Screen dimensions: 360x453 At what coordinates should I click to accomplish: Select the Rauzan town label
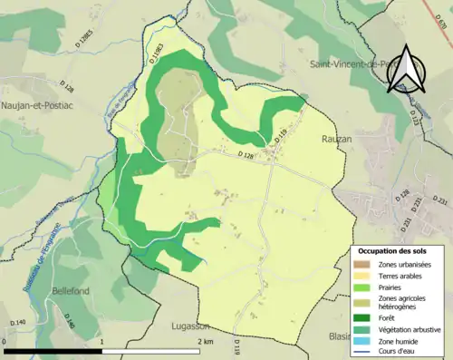[x=337, y=139]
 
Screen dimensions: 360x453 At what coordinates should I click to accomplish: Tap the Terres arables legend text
[x=404, y=275]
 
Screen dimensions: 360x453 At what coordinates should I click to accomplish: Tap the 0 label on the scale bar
[x=5, y=342]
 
